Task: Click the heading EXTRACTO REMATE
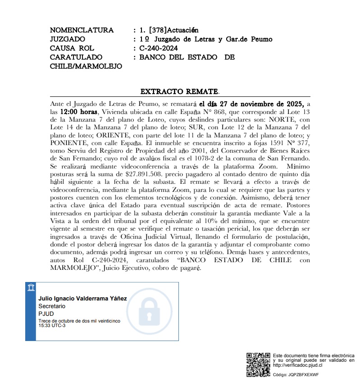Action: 179,92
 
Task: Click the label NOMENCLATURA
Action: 82,30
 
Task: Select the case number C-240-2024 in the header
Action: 159,48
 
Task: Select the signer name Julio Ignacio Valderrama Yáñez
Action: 82,299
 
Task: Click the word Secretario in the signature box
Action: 52,306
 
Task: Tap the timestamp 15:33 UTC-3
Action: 52,326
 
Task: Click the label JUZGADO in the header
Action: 68,39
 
